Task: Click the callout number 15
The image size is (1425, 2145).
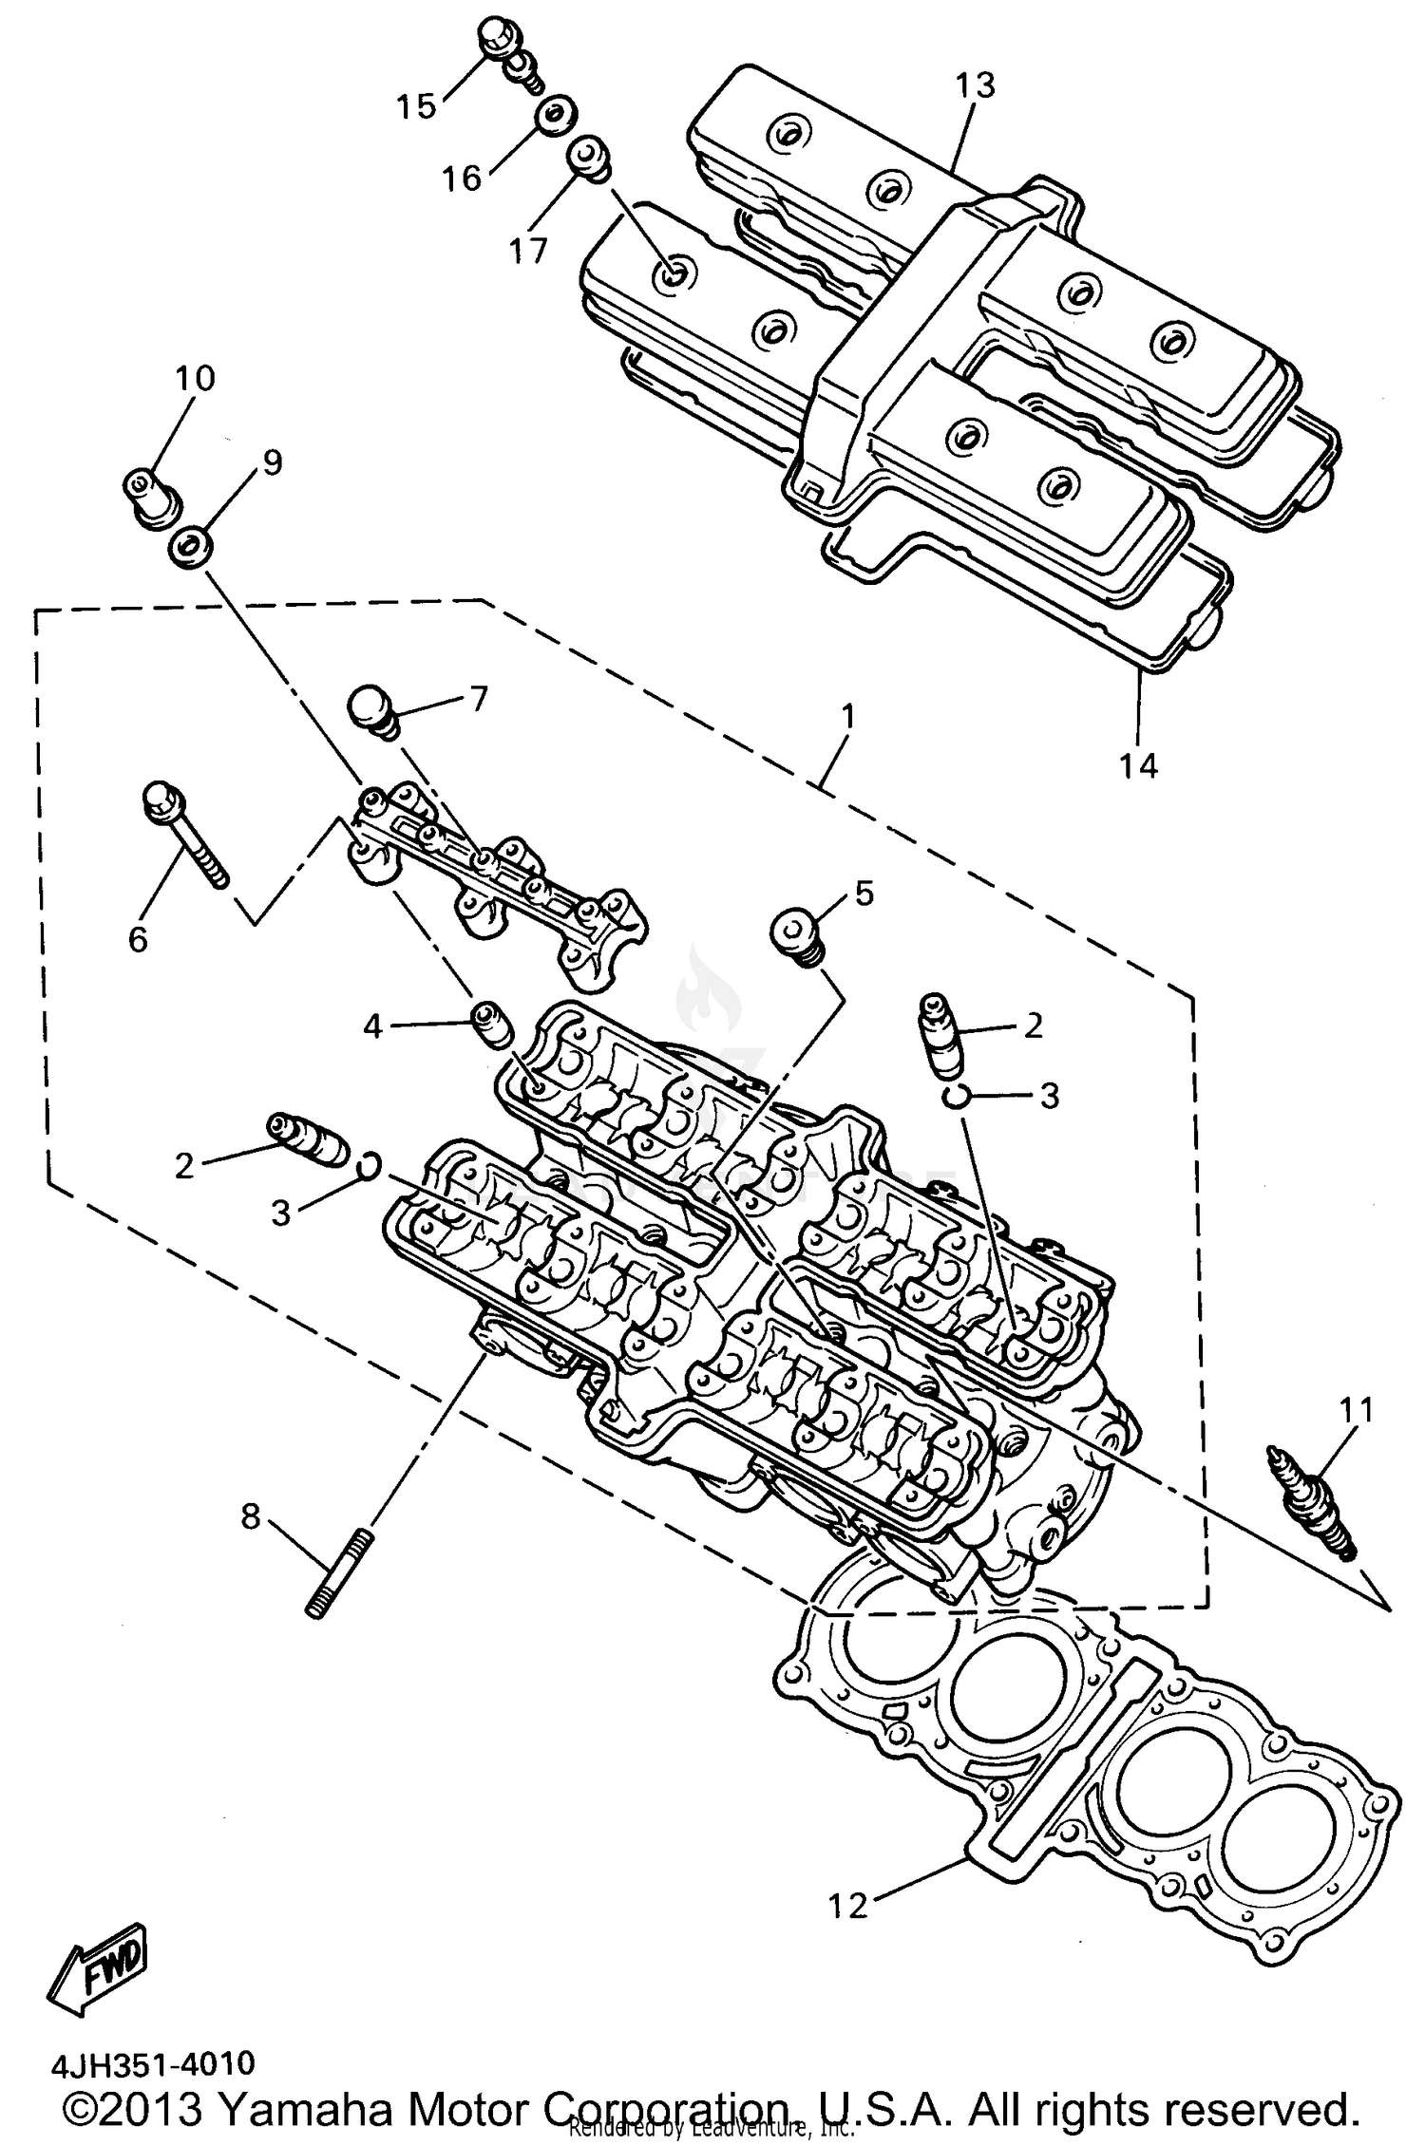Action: point(416,106)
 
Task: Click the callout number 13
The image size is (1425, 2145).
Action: point(976,85)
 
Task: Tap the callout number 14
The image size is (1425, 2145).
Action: point(1139,765)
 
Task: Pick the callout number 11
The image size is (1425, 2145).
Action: point(1356,1410)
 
